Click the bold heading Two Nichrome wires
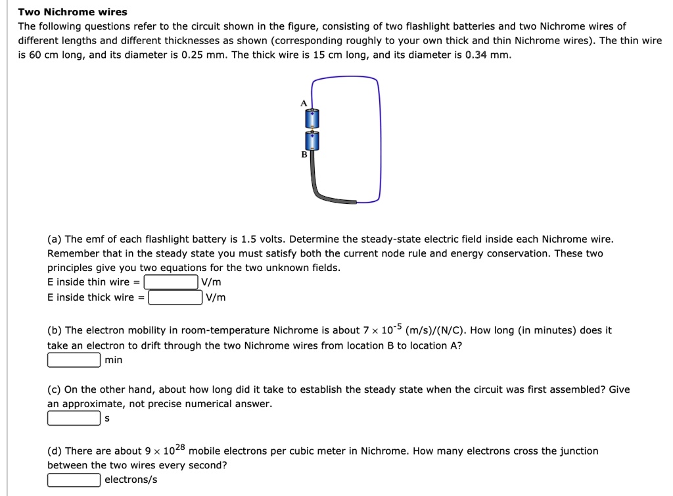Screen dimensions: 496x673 (72, 12)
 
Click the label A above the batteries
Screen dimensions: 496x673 (304, 103)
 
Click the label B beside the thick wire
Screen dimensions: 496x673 (304, 154)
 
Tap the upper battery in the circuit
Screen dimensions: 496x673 (312, 118)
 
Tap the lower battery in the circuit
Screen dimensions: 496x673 (312, 140)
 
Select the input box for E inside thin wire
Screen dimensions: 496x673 (171, 282)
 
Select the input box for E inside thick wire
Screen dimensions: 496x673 (175, 297)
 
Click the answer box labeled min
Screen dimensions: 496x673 (74, 360)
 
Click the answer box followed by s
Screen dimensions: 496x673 (74, 418)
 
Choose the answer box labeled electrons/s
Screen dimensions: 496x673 (74, 480)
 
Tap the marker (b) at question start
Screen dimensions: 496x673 (55, 330)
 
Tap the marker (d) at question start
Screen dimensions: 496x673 (55, 451)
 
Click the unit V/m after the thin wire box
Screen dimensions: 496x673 (211, 282)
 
